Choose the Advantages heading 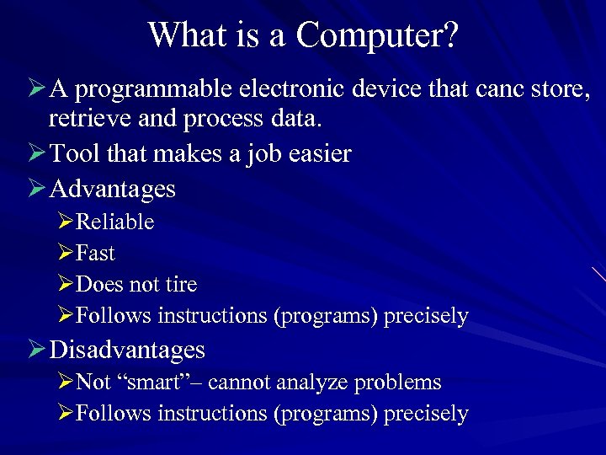click(113, 188)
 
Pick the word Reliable click(115, 222)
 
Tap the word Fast click(95, 254)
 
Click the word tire click(181, 285)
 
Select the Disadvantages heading click(127, 349)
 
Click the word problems click(398, 383)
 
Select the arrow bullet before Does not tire click(66, 285)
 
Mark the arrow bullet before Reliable click(66, 222)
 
